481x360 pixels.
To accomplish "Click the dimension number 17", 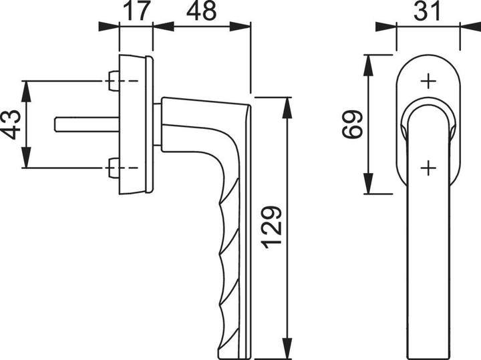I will coord(136,11).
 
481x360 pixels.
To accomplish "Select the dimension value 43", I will coord(11,124).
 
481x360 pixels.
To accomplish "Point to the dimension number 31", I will coord(428,11).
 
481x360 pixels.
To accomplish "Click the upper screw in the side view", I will coord(113,82).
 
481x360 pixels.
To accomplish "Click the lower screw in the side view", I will coord(113,167).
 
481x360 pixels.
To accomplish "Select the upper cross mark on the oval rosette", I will coord(428,81).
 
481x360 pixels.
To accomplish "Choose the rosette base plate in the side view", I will coord(134,125).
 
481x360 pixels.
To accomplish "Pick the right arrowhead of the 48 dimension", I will coord(243,27).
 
